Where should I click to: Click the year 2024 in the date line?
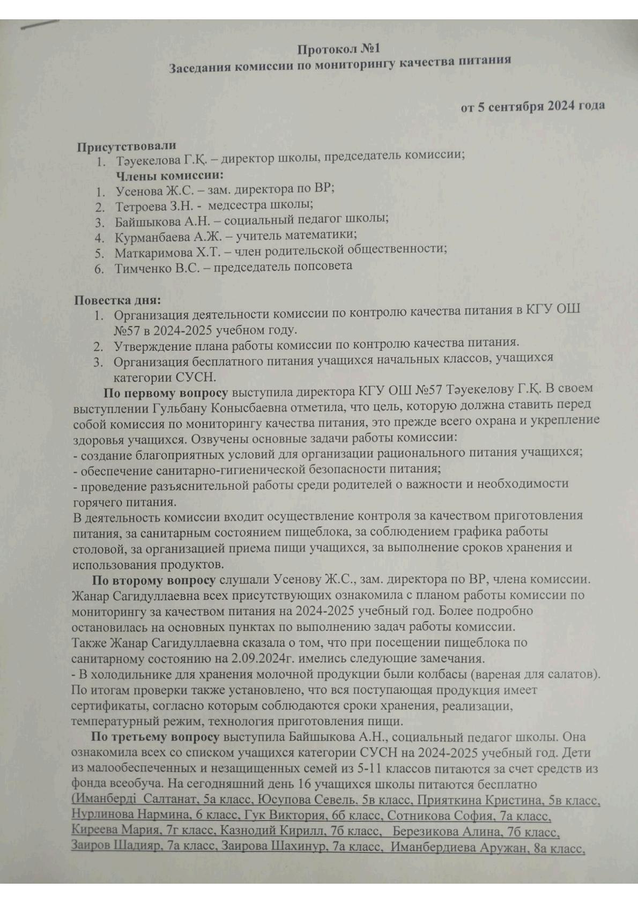point(560,106)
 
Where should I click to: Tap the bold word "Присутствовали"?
point(126,146)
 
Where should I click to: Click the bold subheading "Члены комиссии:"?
point(169,175)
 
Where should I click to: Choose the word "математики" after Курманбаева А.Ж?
point(325,235)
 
